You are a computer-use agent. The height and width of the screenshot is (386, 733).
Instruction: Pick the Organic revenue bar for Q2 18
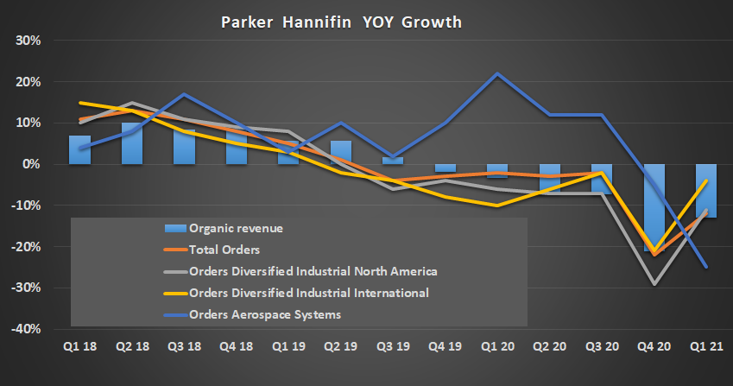[132, 143]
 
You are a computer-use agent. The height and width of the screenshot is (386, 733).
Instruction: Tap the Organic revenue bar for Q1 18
[79, 149]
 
